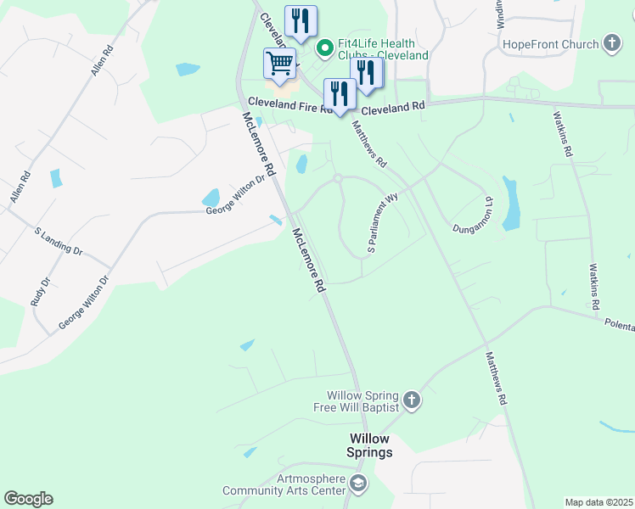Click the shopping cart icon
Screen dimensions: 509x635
279,64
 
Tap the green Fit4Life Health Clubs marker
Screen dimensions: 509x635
323,48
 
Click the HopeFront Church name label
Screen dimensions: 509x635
551,43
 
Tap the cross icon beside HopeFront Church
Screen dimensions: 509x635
612,43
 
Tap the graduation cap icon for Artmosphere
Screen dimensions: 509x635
359,484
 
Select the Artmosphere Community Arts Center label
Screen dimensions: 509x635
284,484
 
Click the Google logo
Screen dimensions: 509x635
28,499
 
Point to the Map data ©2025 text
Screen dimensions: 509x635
598,502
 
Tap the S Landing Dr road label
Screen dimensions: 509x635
59,241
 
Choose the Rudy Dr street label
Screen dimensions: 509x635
40,292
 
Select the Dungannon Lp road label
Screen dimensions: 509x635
472,216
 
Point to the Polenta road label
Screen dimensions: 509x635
619,324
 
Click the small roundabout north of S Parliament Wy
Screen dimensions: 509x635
337,178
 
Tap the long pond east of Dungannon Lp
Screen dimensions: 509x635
510,204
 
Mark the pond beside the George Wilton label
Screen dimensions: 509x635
211,198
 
